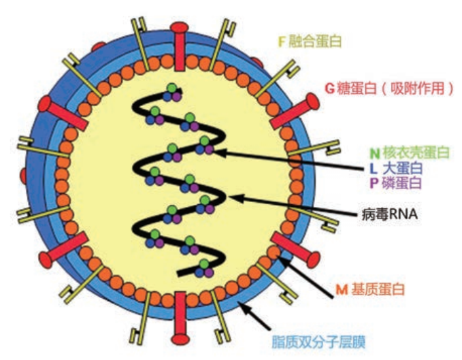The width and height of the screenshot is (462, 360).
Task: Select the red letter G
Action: tap(329, 88)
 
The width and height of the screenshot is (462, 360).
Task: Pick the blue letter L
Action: tap(374, 168)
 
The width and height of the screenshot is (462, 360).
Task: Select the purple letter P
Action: tap(374, 183)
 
